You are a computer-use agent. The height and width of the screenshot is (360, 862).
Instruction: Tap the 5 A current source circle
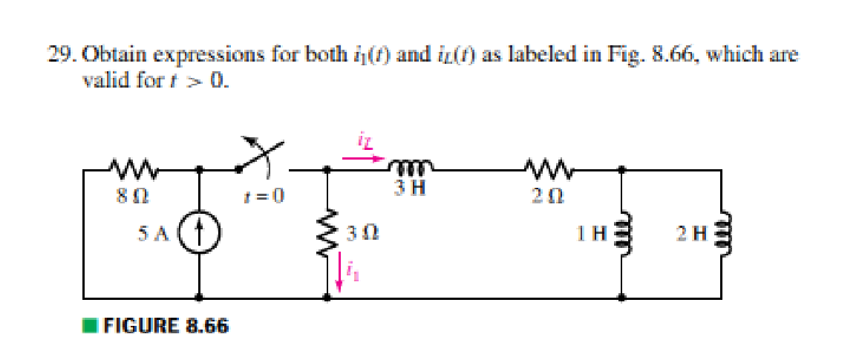coord(199,234)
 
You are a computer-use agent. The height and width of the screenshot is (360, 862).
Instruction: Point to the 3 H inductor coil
coord(407,165)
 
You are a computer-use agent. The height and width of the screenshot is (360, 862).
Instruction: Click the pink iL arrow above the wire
coord(364,158)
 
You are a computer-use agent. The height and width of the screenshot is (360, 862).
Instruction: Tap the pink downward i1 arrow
coord(341,272)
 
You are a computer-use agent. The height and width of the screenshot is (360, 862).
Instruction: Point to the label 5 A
coord(154,234)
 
